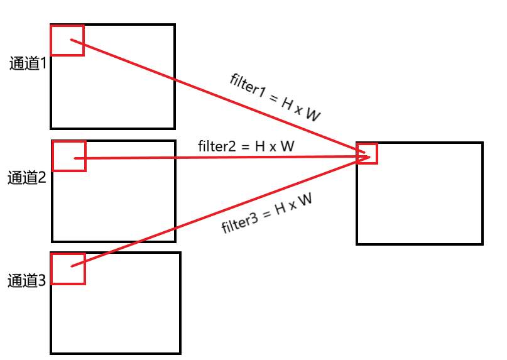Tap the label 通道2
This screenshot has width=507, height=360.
coord(27,178)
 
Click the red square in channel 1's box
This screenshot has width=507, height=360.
coord(67,41)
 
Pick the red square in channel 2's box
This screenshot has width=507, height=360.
coord(68,156)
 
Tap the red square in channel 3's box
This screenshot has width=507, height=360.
coord(68,268)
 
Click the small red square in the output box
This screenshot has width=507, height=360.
coord(367,153)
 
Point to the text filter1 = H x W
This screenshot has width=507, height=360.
coord(275,97)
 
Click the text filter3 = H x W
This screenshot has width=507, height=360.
coord(267,214)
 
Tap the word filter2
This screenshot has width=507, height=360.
coord(217,147)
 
